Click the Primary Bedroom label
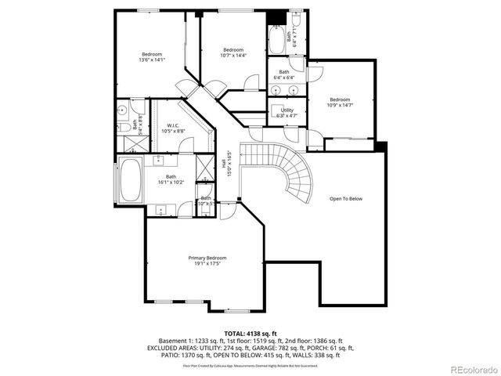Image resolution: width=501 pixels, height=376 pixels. pyautogui.click(x=207, y=258)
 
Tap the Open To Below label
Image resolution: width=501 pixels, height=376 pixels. pyautogui.click(x=345, y=199)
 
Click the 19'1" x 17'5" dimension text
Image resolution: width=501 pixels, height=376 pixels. pyautogui.click(x=207, y=263)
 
